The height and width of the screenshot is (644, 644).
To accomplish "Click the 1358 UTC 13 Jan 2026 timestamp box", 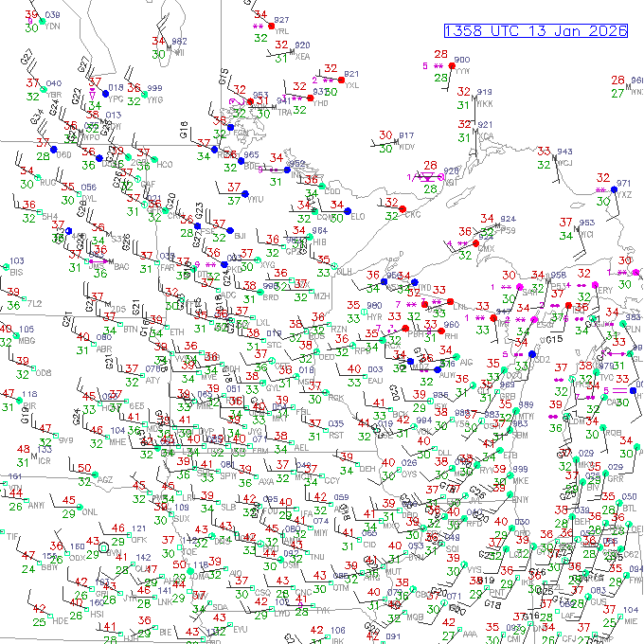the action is click(536, 30).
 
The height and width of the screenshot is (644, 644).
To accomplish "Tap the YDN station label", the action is click(53, 27).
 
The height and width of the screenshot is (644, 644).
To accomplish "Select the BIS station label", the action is click(15, 273).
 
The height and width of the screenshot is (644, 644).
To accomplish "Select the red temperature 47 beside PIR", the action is click(8, 394).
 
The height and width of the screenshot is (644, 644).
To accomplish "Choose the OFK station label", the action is click(138, 539).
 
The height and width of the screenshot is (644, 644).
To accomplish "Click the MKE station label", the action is click(520, 481).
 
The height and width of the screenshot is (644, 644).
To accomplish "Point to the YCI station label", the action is click(587, 234).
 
